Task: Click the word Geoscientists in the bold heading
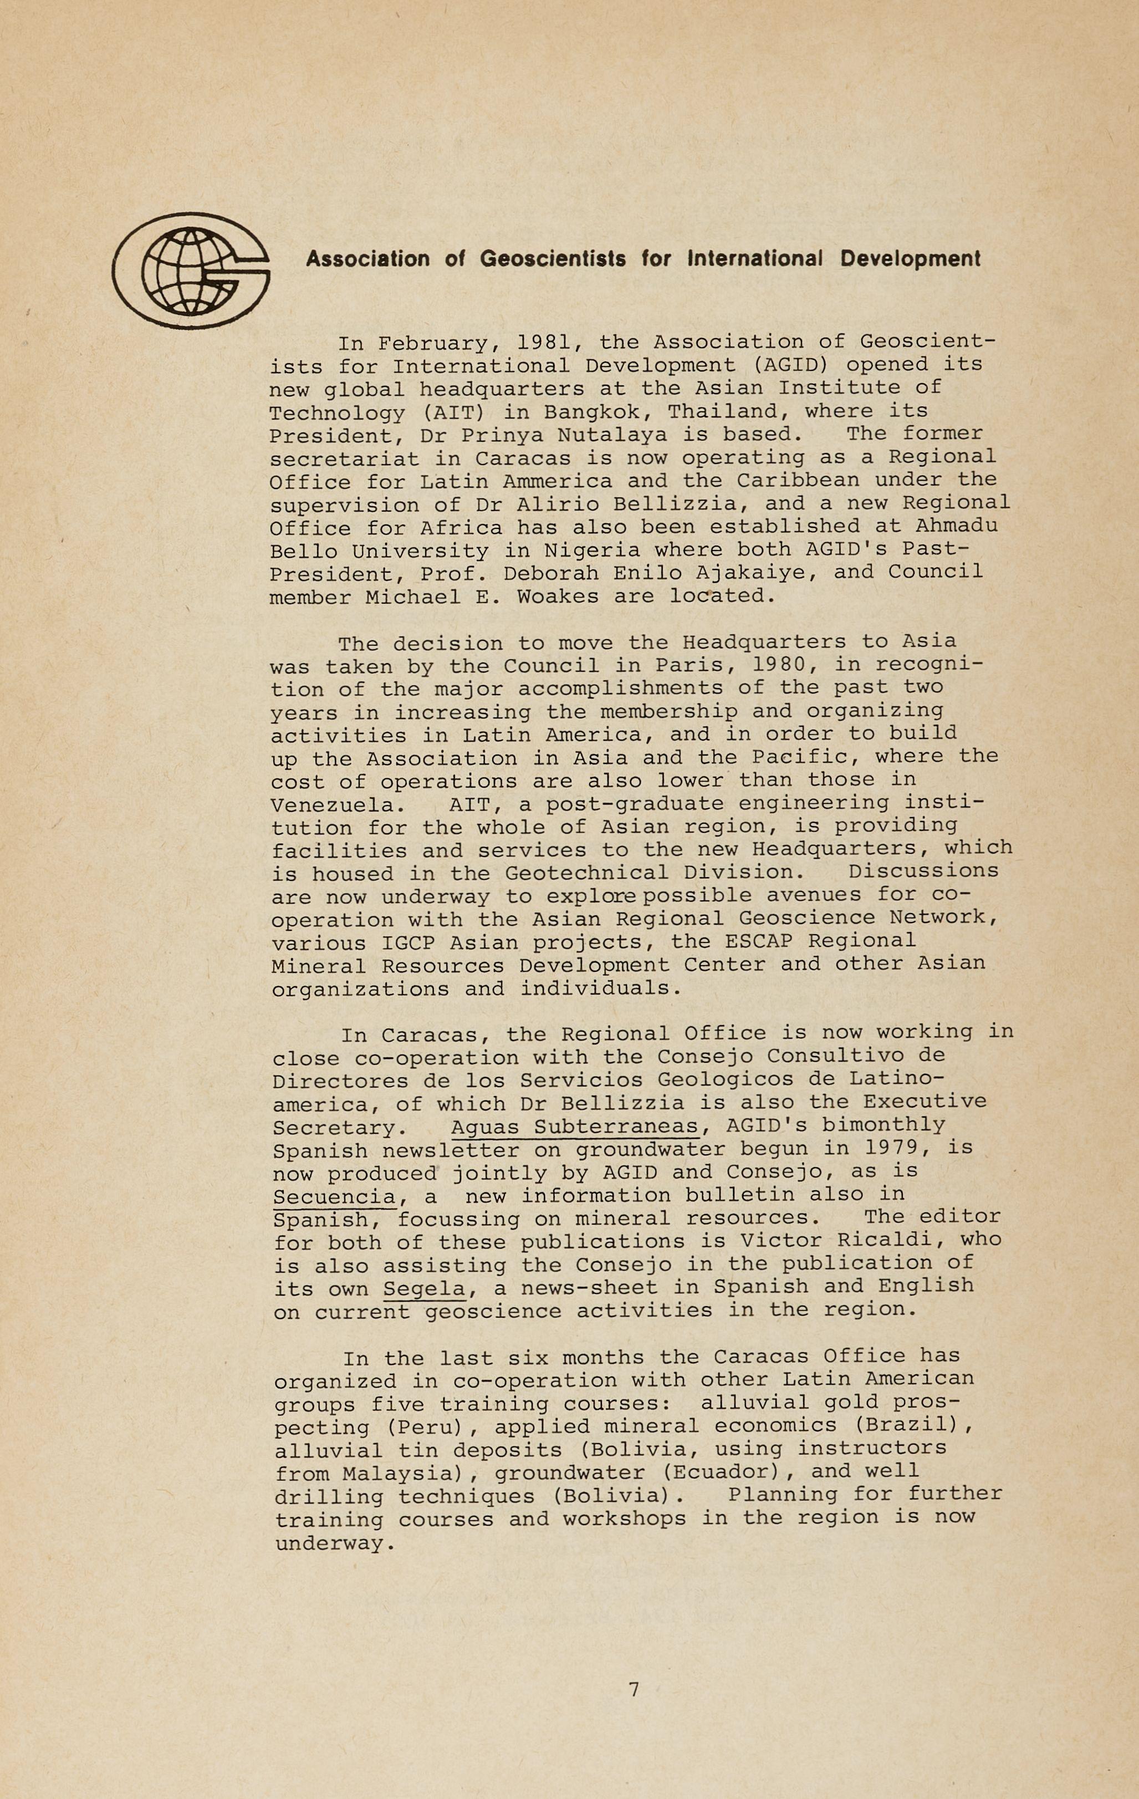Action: (x=553, y=259)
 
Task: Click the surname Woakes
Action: (x=551, y=597)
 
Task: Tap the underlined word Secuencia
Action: (x=334, y=1196)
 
